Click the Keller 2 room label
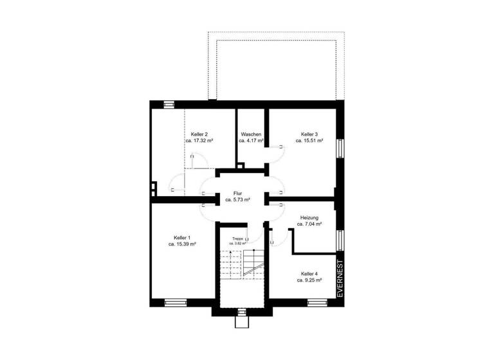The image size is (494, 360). tap(199, 134)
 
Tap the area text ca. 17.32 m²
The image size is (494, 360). tap(199, 140)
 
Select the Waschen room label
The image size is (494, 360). tap(252, 134)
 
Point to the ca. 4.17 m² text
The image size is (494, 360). tap(252, 140)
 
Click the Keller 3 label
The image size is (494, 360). tap(309, 134)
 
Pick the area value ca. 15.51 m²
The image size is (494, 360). tap(309, 140)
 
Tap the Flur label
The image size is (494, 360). tap(237, 193)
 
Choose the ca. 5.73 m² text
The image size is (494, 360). tap(237, 200)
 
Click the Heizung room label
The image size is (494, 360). tap(309, 217)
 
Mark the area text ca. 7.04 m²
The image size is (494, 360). tap(309, 224)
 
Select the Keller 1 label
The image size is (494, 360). tap(182, 237)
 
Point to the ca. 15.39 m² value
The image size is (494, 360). tap(182, 244)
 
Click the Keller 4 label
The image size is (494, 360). tap(309, 273)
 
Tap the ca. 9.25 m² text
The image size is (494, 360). tap(309, 280)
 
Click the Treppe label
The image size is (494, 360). tap(237, 239)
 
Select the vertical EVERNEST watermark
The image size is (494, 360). tap(340, 277)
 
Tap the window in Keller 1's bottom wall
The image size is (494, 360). tap(175, 301)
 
